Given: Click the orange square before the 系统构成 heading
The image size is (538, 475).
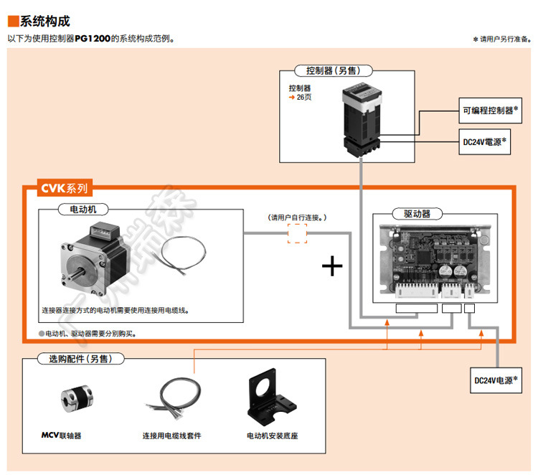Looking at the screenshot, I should tap(13, 22).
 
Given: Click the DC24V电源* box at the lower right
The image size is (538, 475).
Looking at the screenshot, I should tap(496, 380).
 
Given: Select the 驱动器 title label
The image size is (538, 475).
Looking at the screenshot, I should tap(417, 214).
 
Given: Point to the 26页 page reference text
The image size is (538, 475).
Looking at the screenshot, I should tap(303, 97).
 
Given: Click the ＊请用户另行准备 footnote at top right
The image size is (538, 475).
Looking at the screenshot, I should tap(501, 39).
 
